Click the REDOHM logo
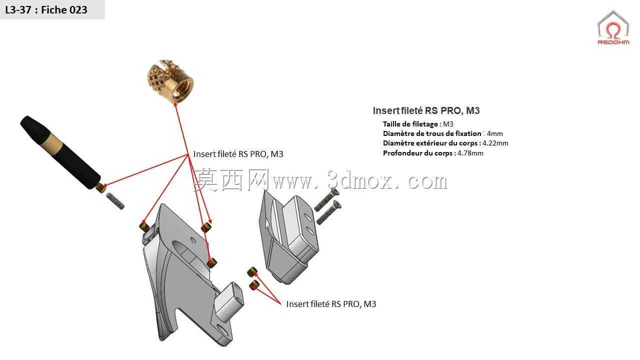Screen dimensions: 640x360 click(613, 27)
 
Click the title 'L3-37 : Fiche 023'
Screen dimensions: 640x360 click(46, 9)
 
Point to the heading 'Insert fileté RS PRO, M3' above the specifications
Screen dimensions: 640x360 click(426, 110)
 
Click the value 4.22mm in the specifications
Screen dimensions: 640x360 click(495, 143)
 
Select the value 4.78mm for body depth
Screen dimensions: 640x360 click(470, 153)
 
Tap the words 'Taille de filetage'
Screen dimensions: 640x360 click(410, 124)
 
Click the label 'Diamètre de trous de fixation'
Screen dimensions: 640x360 click(432, 133)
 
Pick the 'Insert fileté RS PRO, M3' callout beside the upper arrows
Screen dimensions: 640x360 click(238, 154)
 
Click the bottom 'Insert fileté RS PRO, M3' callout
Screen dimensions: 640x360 click(331, 304)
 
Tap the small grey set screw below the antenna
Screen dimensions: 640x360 click(115, 201)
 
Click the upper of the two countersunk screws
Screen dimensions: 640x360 click(327, 200)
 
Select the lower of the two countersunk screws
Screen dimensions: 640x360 click(328, 212)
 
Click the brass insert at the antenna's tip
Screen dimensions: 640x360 click(99, 187)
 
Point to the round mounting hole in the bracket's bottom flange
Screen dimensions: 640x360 click(222, 331)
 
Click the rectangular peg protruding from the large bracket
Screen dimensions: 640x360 click(229, 302)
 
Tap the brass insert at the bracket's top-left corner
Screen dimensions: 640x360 click(144, 227)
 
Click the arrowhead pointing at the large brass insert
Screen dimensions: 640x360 click(175, 104)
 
